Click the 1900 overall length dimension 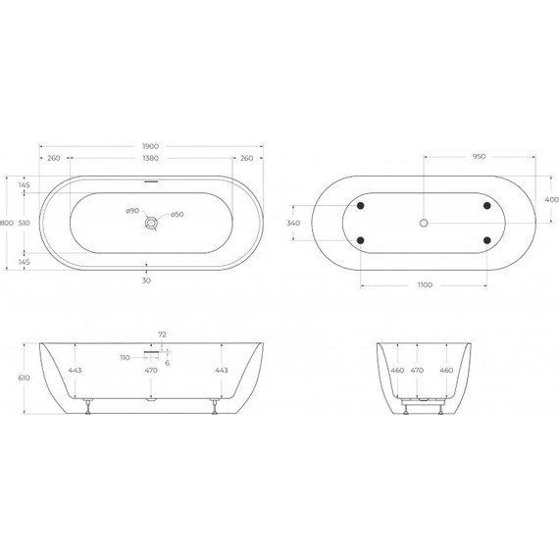pyautogui.click(x=149, y=146)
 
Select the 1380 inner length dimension pyautogui.click(x=149, y=159)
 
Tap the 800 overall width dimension pyautogui.click(x=7, y=224)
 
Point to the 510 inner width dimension pyautogui.click(x=24, y=224)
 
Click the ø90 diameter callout pyautogui.click(x=130, y=212)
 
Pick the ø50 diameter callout pyautogui.click(x=178, y=215)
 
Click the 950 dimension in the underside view pyautogui.click(x=481, y=156)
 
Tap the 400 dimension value pyautogui.click(x=550, y=200)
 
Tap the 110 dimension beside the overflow pyautogui.click(x=125, y=357)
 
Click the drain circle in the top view pyautogui.click(x=149, y=224)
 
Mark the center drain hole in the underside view pyautogui.click(x=424, y=224)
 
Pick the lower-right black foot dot pyautogui.click(x=486, y=241)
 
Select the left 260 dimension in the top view pyautogui.click(x=53, y=159)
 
